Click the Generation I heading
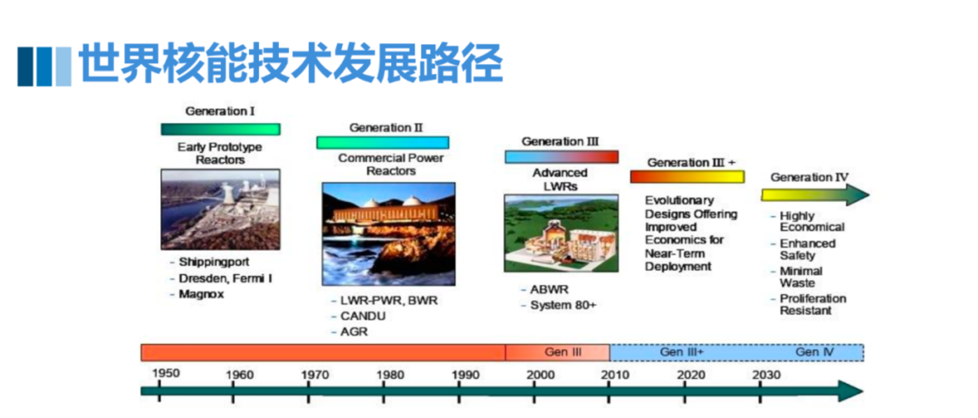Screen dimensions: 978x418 pos(220,111)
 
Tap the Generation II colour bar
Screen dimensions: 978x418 pos(383,143)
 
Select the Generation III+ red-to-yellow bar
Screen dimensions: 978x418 pos(687,177)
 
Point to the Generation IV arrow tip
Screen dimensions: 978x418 pos(869,194)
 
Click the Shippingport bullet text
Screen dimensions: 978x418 pos(214,262)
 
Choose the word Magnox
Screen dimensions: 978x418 pos(201,294)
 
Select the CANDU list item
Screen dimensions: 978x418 pos(363,316)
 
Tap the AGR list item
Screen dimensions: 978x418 pos(354,331)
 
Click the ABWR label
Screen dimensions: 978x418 pos(549,289)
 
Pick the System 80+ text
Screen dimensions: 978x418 pos(563,305)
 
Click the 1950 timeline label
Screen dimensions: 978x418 pos(166,373)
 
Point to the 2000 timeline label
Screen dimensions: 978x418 pos(541,375)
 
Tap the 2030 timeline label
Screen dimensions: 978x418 pos(766,375)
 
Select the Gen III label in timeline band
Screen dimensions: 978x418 pos(563,352)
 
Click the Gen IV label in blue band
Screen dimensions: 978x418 pos(815,352)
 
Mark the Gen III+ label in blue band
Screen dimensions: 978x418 pos(681,352)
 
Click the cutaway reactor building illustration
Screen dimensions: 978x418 pos(562,233)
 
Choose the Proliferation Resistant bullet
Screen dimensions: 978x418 pos(813,305)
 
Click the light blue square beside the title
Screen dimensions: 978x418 pos(64,66)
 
